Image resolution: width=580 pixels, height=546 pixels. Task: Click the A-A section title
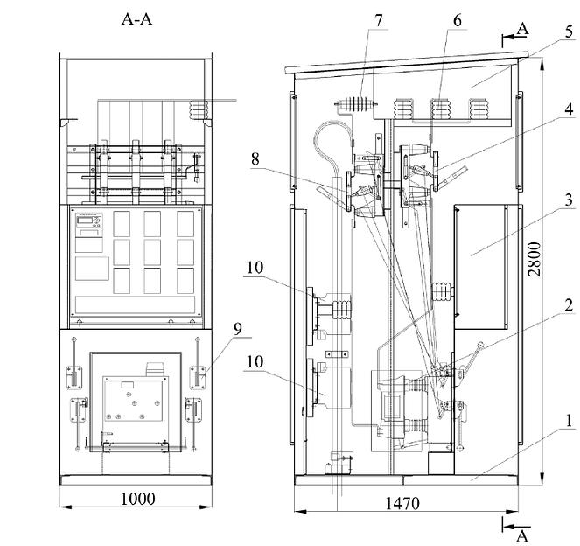(136, 19)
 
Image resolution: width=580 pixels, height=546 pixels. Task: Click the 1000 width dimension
(137, 499)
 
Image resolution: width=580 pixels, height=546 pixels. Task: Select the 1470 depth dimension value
(402, 503)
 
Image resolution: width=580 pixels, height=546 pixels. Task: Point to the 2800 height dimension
(535, 259)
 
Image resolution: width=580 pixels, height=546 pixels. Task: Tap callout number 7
(379, 21)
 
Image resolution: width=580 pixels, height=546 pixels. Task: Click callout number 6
(458, 21)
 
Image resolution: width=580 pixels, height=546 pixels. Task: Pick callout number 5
(569, 31)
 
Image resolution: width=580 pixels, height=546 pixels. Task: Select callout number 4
(569, 109)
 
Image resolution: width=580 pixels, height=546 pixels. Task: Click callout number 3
(569, 200)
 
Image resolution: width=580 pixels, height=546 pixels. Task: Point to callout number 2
(569, 305)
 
